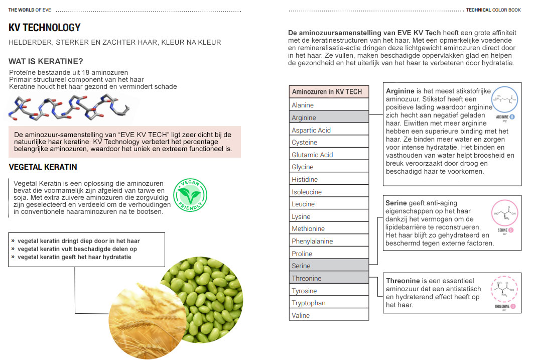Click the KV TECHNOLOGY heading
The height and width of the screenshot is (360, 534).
(x=45, y=28)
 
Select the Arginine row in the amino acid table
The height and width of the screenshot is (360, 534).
(x=329, y=117)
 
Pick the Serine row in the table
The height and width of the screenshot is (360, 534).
(x=329, y=266)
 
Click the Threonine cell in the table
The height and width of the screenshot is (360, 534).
(x=329, y=278)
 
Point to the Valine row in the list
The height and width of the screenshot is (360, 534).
(x=329, y=315)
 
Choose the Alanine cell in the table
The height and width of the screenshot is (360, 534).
(x=329, y=105)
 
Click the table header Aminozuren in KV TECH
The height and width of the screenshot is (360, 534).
(x=329, y=92)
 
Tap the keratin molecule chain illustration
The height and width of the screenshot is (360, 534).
(x=70, y=109)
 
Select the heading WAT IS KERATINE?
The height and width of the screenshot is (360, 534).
(x=46, y=62)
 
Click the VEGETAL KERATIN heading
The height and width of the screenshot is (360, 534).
(x=43, y=167)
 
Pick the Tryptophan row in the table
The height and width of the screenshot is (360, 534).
(x=329, y=303)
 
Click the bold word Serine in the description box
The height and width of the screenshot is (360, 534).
(x=396, y=203)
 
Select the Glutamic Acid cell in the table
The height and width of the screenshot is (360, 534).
(x=329, y=155)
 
